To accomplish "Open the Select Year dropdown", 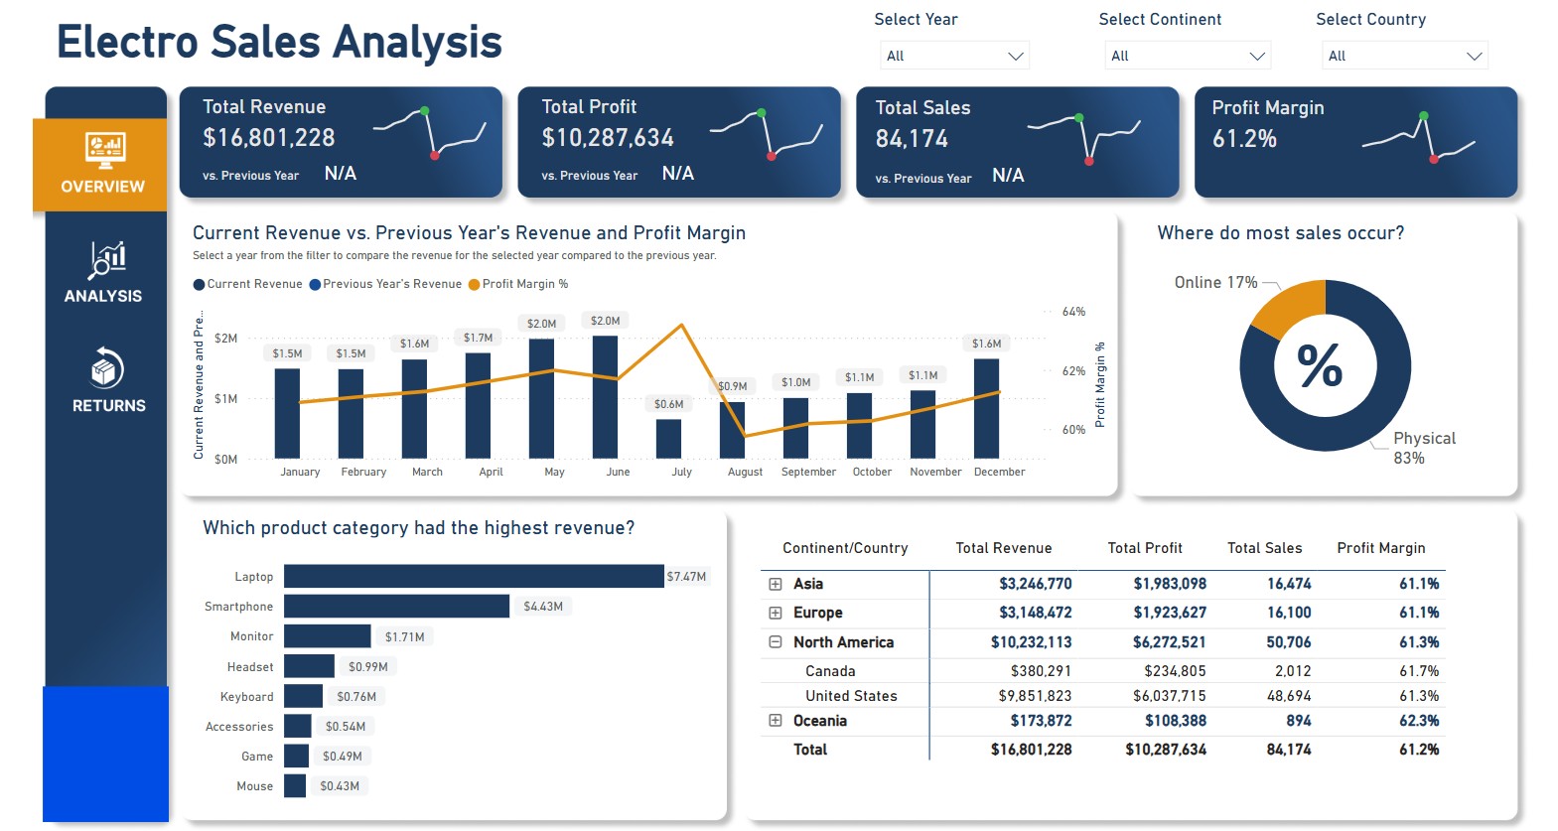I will [x=953, y=56].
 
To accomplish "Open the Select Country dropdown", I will [x=1404, y=56].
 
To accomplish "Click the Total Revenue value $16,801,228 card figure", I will [x=269, y=138].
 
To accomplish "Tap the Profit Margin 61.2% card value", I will [x=1244, y=139].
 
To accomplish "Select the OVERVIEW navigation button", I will [x=102, y=165].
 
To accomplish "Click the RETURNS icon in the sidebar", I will [x=107, y=368].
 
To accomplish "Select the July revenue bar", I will [x=668, y=438].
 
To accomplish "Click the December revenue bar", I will [x=986, y=408].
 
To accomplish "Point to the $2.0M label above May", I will [x=541, y=324].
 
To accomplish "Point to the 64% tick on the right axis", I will [x=1073, y=312].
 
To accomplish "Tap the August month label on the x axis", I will [x=745, y=473].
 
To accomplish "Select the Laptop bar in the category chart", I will [x=474, y=576].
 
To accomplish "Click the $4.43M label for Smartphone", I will [x=543, y=607].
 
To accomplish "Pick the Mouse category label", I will [x=254, y=786].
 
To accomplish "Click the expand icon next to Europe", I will [x=776, y=613].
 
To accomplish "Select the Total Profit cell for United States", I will [x=1169, y=696].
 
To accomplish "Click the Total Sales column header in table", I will [x=1264, y=548].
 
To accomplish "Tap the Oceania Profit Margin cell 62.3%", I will [x=1418, y=721].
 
